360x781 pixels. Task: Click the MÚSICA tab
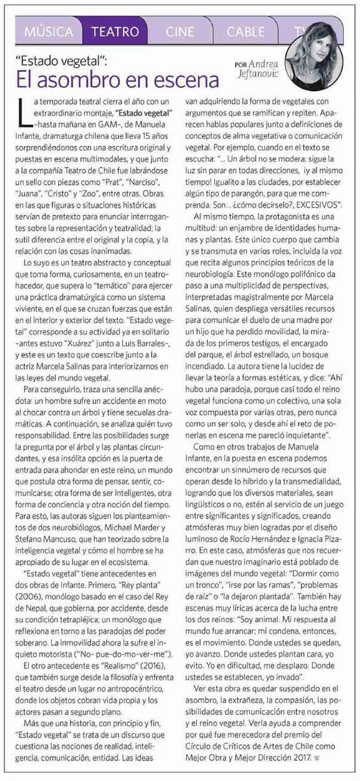click(x=49, y=31)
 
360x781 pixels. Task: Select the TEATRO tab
click(x=111, y=31)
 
